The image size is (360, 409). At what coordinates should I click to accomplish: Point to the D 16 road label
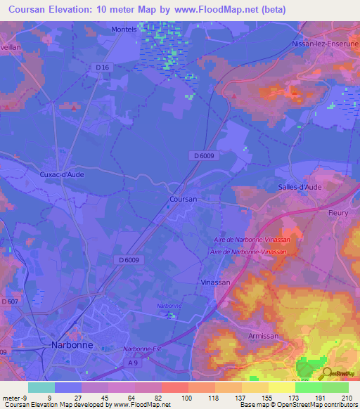[x=103, y=67]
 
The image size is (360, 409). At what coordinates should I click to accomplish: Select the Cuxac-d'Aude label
[x=63, y=172]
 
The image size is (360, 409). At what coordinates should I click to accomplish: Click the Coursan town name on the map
[x=183, y=200]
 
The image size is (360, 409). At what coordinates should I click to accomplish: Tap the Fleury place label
[x=339, y=212]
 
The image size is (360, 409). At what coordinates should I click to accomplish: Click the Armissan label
[x=263, y=337]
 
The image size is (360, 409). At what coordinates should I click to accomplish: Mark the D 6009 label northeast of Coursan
[x=201, y=155]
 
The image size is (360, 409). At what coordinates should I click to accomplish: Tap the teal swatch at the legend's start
[x=41, y=387]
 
